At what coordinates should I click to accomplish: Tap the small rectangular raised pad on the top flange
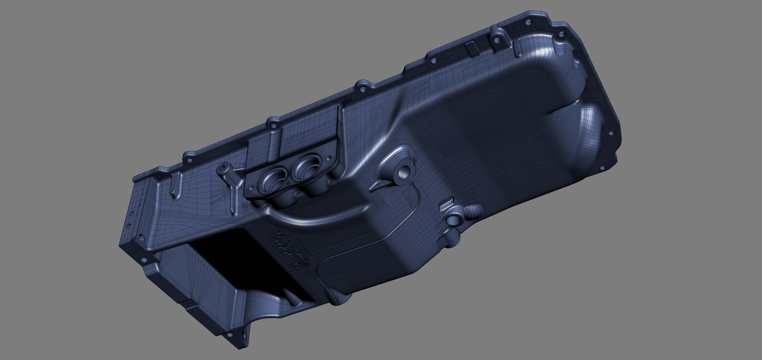472,48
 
